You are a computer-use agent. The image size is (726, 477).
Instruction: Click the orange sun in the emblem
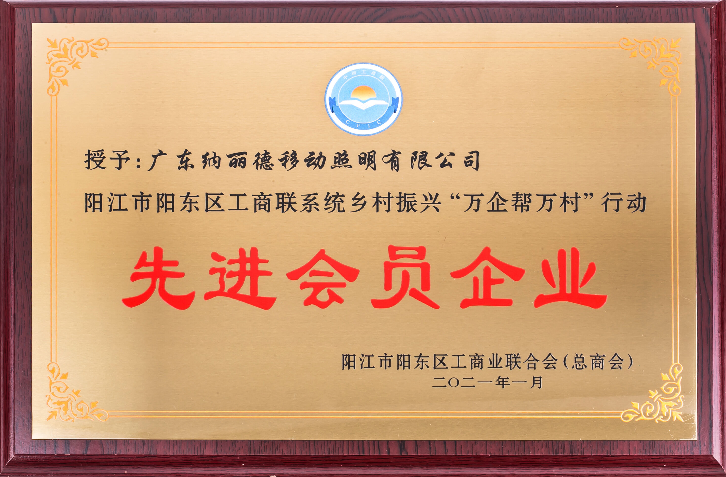363,93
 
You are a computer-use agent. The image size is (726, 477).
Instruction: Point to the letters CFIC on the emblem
363,122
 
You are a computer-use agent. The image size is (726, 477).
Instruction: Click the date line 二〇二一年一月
487,382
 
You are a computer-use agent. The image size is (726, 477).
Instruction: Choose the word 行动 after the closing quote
623,203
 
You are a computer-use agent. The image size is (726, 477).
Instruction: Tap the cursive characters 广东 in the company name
171,161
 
